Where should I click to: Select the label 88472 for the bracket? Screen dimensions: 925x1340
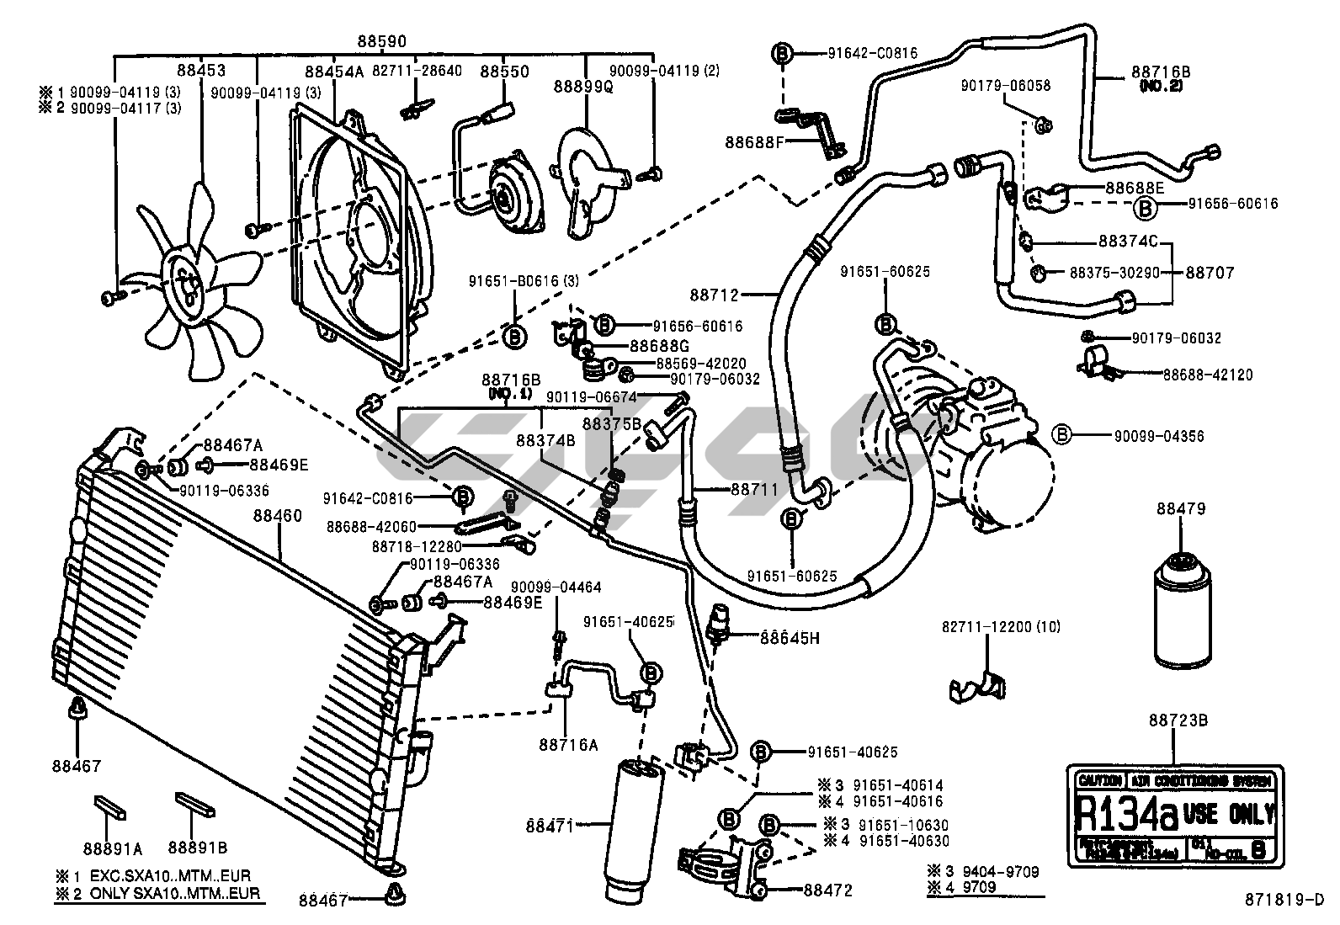828,889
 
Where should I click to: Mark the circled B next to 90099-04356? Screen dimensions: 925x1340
1062,435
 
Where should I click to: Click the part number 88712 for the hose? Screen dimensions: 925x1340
715,294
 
